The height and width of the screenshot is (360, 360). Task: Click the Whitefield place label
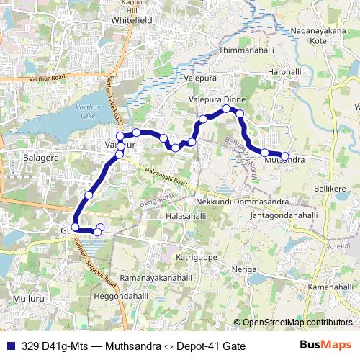click(x=131, y=21)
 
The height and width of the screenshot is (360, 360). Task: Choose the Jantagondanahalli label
click(x=284, y=215)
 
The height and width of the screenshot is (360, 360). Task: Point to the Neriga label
click(x=245, y=269)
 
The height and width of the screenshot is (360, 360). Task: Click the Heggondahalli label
click(x=122, y=296)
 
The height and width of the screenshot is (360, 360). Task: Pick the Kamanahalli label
click(x=331, y=287)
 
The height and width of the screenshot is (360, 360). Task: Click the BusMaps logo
click(x=325, y=345)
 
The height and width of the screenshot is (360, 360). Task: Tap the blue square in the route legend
click(x=9, y=346)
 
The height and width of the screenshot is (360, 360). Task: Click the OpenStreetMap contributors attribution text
click(x=298, y=323)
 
